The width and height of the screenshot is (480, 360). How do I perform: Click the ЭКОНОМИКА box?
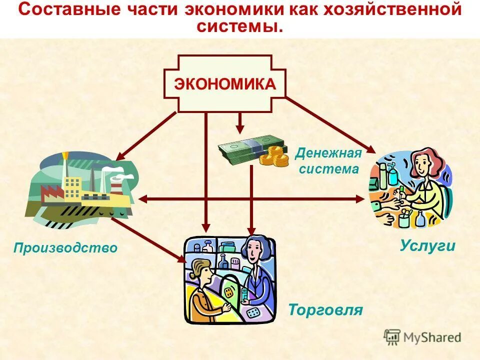[224, 83]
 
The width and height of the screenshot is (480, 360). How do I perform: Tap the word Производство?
[65, 247]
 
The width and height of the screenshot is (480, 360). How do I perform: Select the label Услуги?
[427, 245]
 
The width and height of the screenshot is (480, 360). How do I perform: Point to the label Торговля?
[325, 310]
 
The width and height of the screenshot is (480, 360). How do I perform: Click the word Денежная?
[328, 153]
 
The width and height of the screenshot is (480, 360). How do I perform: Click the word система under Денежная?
[329, 169]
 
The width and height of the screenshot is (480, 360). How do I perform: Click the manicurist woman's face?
[422, 165]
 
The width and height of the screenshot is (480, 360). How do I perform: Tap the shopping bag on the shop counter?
[229, 292]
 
